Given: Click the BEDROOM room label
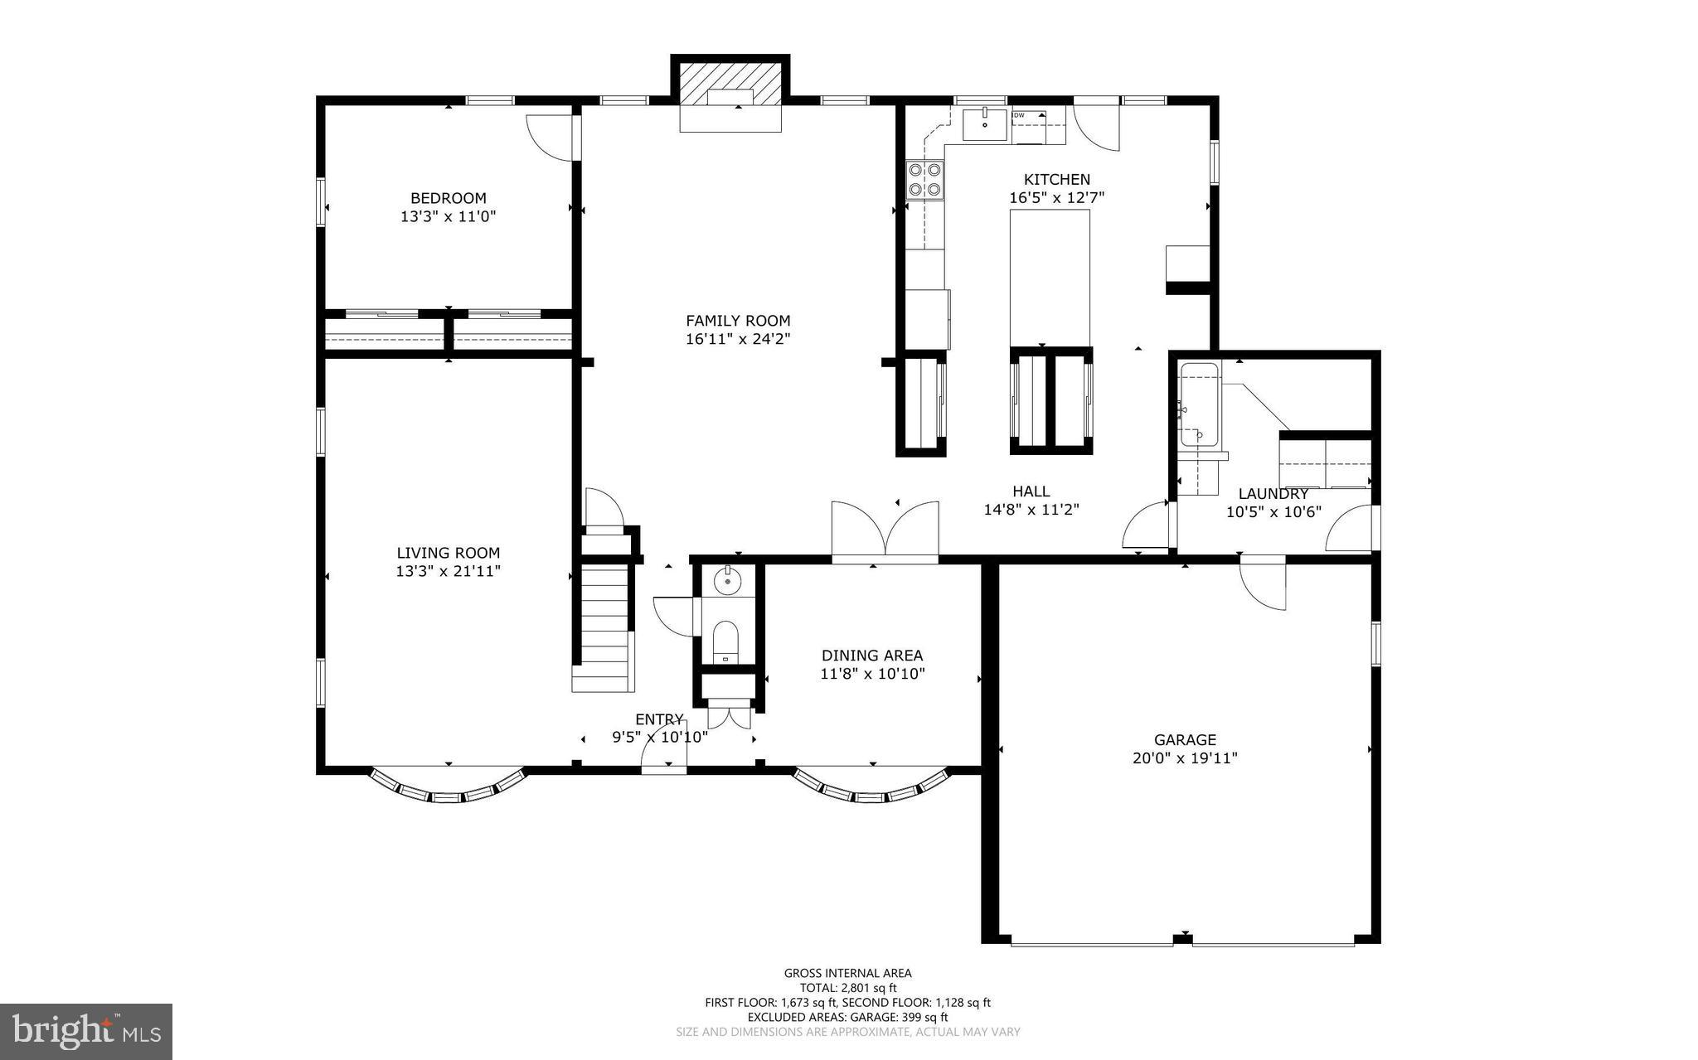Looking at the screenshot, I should coord(448,198).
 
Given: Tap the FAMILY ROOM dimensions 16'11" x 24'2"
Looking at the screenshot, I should coord(738,339).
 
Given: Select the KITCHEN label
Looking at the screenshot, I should coord(1056,179).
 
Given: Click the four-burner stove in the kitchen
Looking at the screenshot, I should coord(924,179).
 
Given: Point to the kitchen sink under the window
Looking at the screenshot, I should coord(984,124).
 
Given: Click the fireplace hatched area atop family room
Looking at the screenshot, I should coord(730,84).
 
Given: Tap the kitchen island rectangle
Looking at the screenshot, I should coord(1049,277).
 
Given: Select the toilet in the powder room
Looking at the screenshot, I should coord(725,641).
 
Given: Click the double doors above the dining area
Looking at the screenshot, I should coord(885,530).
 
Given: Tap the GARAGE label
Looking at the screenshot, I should coord(1185,740).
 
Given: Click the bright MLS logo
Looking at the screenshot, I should coord(86,1030).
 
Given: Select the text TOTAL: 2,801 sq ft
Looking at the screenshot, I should coord(847,988).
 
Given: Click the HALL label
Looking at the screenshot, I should coord(1031,491).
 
